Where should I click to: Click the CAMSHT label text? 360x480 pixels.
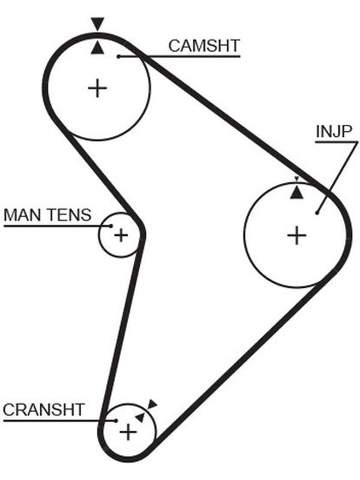coord(204,46)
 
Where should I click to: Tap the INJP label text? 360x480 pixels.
coord(334,131)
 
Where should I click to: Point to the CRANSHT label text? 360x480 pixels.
coord(43,410)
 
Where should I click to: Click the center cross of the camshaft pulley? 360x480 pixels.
coord(97,88)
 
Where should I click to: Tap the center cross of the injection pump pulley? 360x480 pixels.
coord(296,235)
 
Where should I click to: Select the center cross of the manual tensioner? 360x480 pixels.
coord(121,235)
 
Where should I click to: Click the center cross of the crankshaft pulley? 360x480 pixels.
coord(128,432)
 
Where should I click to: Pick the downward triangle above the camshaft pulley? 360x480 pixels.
coord(98,23)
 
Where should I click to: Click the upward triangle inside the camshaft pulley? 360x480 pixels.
coord(97,49)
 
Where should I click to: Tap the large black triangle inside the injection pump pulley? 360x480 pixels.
coord(296,193)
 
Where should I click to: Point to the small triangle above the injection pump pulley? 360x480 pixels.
coord(296,179)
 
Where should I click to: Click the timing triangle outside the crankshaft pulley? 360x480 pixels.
coord(152,404)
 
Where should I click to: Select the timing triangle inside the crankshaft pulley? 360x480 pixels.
coord(140,417)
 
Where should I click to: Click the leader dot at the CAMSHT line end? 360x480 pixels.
coord(118,56)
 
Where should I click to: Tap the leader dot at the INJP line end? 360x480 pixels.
coord(317,213)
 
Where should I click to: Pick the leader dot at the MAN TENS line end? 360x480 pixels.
coord(111,226)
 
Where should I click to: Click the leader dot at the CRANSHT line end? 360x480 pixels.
coord(116,421)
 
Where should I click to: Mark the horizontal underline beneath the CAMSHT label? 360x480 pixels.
coord(179,56)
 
